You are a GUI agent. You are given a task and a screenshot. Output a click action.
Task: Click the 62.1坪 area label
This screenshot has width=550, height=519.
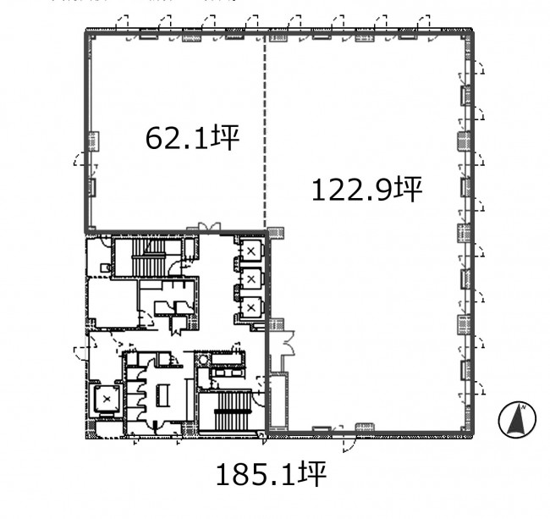192,137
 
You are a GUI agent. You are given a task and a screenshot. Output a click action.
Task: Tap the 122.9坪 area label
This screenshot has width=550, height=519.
367,190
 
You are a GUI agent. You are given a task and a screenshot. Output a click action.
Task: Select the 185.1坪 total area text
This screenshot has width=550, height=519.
271,474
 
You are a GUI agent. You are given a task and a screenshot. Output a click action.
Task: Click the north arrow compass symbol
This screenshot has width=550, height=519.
517,419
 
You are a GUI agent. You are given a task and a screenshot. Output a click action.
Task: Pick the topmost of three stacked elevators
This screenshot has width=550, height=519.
250,251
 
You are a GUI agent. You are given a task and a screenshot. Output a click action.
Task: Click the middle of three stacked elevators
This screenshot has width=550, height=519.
250,279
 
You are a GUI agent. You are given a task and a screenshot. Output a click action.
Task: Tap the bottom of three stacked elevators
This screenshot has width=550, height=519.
250,307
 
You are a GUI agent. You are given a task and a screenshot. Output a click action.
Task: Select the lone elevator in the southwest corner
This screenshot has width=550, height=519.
107,399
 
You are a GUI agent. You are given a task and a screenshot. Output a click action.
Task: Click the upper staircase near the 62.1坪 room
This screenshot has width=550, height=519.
148,258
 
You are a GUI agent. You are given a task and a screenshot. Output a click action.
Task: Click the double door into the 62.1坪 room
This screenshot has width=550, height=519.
209,228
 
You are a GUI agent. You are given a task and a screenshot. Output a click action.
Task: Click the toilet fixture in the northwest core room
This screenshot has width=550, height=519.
105,268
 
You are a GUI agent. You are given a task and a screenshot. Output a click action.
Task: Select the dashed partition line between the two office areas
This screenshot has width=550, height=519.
265,131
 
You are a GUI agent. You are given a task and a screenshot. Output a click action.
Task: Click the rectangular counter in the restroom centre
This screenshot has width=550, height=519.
162,395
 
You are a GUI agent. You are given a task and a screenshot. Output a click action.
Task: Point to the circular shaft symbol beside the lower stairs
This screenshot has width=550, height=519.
203,359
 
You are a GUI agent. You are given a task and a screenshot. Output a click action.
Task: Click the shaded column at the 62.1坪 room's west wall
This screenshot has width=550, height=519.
94,141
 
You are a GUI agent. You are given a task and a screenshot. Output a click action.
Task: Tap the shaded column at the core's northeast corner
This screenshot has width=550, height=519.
276,234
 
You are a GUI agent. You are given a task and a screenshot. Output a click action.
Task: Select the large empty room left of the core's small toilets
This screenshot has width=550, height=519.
113,302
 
